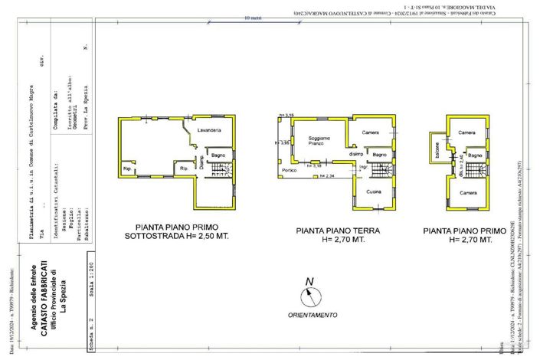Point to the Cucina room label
click(374, 191)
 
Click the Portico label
click(289, 170)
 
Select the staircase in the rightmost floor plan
click(476, 169)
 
